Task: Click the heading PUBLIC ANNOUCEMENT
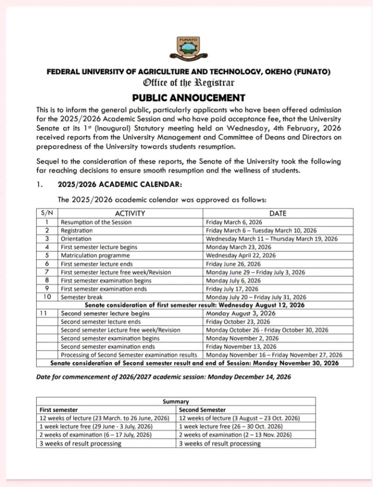[x=188, y=97]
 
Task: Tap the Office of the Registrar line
[x=188, y=83]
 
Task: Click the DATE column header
[x=278, y=213]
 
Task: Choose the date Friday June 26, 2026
[x=233, y=264]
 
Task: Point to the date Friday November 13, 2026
[x=241, y=346]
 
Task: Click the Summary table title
[x=176, y=401]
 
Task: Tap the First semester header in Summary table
[x=59, y=409]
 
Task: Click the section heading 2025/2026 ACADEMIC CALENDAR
[x=120, y=185]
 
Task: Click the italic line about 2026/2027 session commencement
[x=164, y=377]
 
